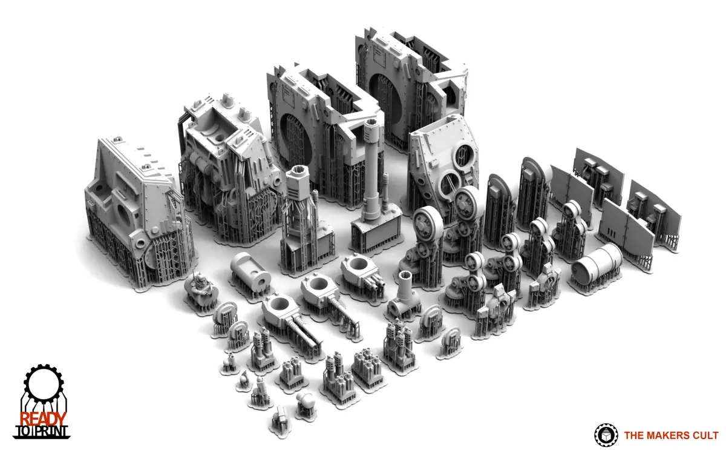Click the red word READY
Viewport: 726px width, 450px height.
(43, 419)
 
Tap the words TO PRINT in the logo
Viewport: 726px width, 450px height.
(42, 432)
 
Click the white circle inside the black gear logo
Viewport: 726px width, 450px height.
(44, 383)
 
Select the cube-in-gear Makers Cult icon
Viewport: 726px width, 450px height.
(606, 435)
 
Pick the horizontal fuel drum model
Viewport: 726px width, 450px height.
(597, 265)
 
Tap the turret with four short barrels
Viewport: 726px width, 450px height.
(362, 272)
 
